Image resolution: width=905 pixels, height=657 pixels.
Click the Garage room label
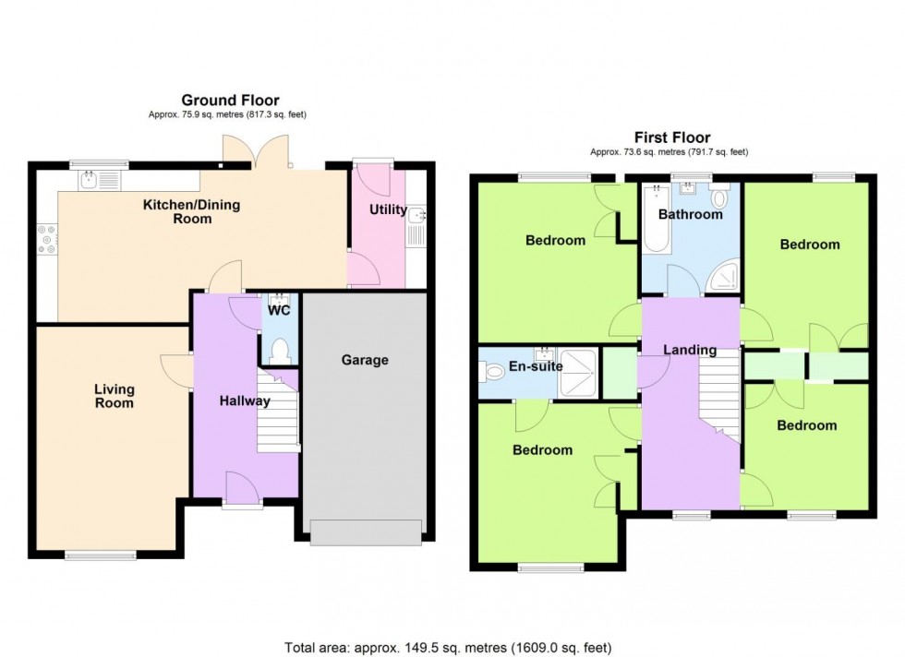[365, 360]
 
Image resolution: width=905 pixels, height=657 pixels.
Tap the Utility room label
[388, 209]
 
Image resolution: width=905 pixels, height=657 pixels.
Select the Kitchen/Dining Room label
[192, 211]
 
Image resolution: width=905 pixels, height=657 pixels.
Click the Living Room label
[114, 396]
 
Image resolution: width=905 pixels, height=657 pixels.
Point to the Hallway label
[245, 401]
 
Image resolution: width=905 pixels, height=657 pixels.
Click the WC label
[279, 311]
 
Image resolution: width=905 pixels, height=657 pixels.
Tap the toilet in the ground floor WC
[279, 351]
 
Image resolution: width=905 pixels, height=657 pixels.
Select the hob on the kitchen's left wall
[46, 240]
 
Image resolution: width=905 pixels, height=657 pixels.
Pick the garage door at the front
[366, 532]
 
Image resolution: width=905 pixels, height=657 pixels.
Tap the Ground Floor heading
[230, 101]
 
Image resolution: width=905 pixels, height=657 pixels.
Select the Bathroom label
[690, 214]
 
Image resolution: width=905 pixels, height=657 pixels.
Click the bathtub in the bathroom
[656, 219]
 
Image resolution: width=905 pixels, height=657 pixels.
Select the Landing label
[690, 350]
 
